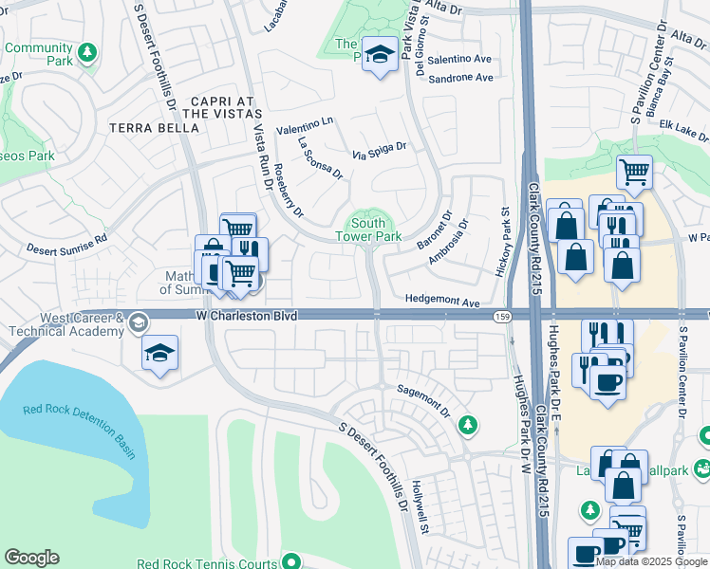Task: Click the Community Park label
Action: (x=38, y=54)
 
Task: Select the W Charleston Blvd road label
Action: (x=248, y=315)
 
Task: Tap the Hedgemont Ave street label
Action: (x=442, y=298)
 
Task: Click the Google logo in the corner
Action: (x=31, y=558)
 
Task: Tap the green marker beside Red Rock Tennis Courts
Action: (x=292, y=561)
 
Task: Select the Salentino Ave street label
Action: (x=460, y=59)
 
